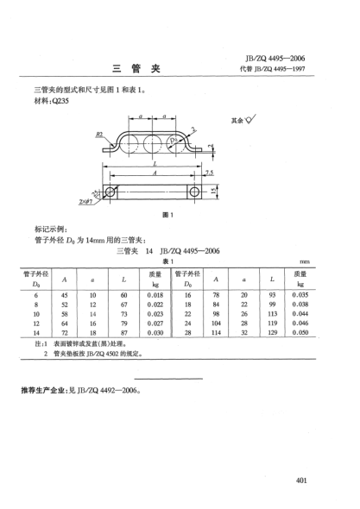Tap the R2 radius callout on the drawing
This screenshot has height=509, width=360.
[100, 135]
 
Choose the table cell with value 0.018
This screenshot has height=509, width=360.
[155, 295]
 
